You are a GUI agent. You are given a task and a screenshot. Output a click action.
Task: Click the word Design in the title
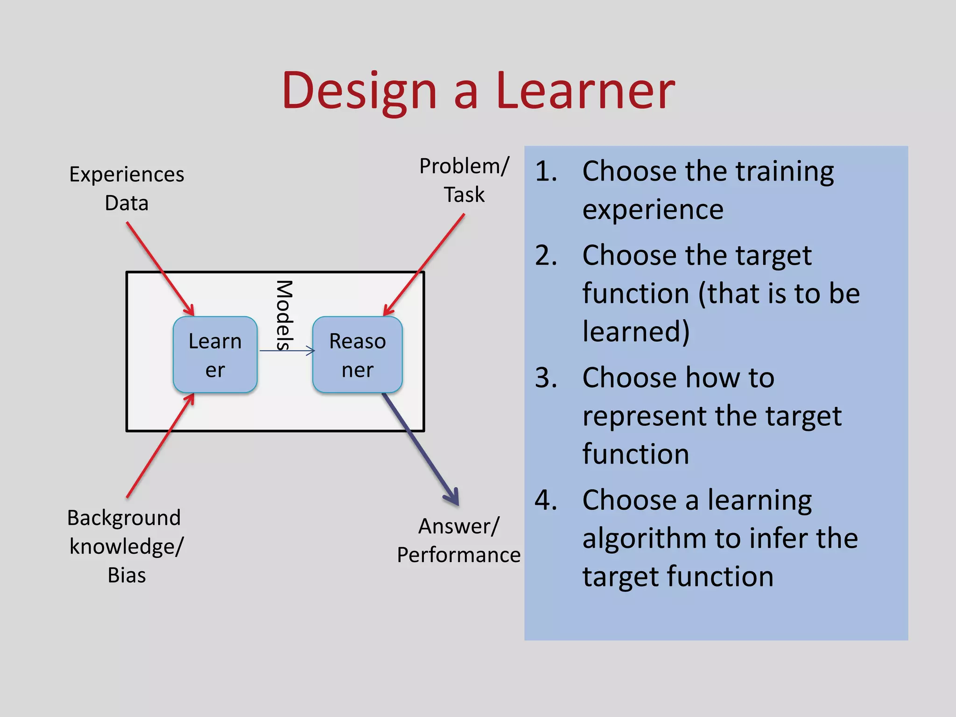tap(359, 91)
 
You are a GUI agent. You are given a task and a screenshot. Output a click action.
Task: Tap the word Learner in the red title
tap(585, 91)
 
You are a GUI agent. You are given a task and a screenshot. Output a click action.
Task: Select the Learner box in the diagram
tap(215, 355)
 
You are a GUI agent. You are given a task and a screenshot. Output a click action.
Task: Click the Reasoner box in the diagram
tap(358, 355)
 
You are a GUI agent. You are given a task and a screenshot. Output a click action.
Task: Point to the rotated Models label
tap(284, 315)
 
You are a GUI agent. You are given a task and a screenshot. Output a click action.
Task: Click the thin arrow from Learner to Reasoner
tap(287, 351)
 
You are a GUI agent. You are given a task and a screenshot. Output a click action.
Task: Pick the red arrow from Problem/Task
tap(425, 264)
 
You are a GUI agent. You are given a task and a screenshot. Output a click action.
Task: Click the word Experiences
tap(127, 175)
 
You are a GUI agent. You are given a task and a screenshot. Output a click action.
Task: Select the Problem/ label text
tap(464, 166)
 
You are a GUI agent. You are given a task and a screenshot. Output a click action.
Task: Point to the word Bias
tap(127, 575)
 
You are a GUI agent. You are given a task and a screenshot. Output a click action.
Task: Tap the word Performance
tap(458, 555)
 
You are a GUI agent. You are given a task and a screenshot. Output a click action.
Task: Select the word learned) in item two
tap(636, 331)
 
